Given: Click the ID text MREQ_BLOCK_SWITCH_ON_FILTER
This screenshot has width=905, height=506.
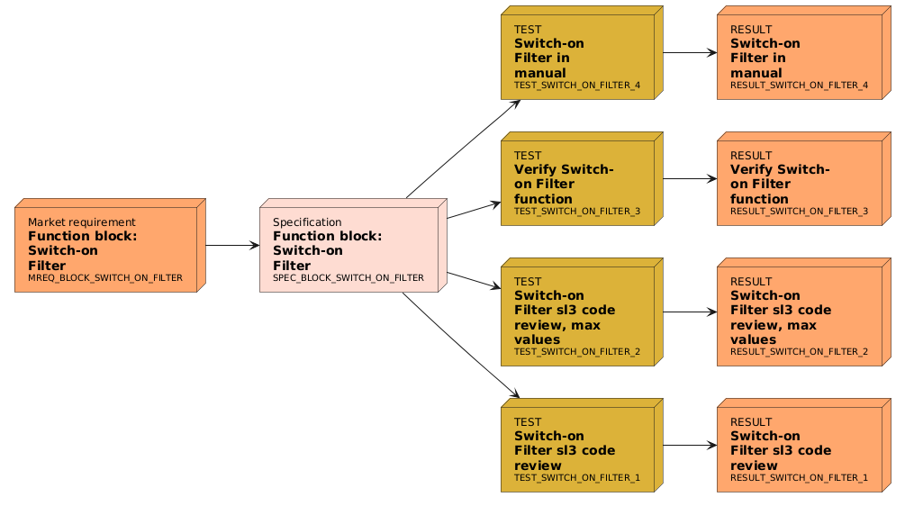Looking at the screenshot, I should click(104, 278).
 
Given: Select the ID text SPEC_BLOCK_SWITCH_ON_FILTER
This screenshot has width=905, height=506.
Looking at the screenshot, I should click(348, 277).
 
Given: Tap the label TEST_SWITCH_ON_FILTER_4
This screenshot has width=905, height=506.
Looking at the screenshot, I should click(576, 86).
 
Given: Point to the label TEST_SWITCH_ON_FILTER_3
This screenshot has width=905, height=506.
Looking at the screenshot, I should click(576, 212).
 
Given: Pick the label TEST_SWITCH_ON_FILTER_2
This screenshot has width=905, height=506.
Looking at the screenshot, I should click(576, 351).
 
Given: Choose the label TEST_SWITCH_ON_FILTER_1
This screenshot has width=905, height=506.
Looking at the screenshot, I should click(576, 477).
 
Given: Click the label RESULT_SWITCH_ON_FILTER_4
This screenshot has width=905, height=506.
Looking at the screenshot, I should click(799, 86).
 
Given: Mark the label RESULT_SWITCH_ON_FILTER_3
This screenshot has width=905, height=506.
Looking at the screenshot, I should click(799, 212).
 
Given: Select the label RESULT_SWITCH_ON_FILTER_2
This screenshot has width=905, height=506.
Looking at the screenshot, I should click(799, 351).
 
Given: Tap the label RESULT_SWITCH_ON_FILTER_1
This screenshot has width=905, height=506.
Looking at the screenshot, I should click(799, 477).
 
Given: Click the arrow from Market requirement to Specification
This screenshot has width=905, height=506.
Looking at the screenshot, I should click(232, 244).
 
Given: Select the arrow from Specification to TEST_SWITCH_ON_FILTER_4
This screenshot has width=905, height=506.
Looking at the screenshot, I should click(464, 147).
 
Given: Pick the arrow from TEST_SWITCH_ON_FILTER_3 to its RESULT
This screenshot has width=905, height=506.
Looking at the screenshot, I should click(690, 178).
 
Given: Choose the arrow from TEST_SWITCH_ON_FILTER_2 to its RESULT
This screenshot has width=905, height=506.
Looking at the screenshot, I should click(690, 312).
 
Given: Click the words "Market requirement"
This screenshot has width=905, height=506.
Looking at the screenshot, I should click(81, 222).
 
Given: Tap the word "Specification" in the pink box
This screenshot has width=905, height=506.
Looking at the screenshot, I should click(307, 222).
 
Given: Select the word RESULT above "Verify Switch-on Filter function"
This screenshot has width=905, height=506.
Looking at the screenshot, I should click(751, 156).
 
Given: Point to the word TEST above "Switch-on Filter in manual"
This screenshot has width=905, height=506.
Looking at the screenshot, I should click(528, 30).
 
